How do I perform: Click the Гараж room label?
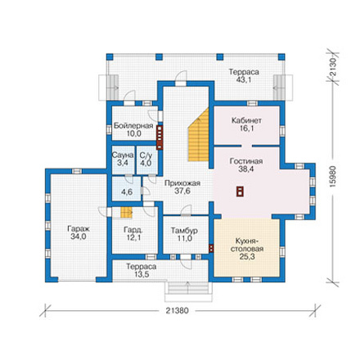tap(79, 229)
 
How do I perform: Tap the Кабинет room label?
tap(246, 120)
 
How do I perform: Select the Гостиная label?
tap(246, 161)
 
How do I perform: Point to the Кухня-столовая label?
tap(247, 245)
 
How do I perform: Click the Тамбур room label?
tap(184, 231)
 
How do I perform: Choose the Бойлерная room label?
tap(133, 126)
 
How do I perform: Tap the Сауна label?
tap(123, 155)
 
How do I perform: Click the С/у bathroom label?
tap(146, 155)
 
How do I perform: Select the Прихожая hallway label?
tap(182, 183)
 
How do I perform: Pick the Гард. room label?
tap(133, 230)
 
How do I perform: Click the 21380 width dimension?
tap(178, 311)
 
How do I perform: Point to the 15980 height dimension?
tap(332, 177)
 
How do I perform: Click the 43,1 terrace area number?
tap(244, 79)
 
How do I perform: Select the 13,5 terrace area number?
tap(142, 274)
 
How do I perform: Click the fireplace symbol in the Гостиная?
tap(240, 191)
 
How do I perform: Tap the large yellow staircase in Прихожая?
tap(199, 134)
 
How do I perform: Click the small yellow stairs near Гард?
tap(127, 213)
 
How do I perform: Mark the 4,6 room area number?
tap(127, 192)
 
